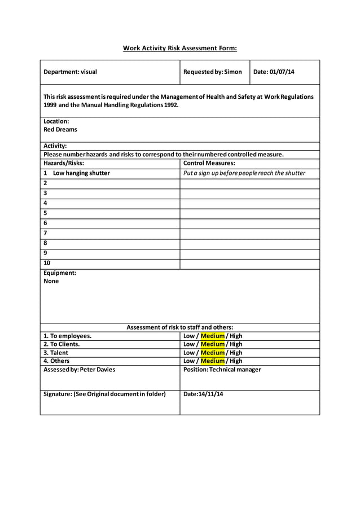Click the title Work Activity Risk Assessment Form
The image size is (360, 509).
click(179, 48)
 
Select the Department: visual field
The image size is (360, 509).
click(71, 72)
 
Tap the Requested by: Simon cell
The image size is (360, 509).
click(213, 72)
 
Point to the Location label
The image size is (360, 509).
click(56, 121)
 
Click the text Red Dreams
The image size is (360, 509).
click(60, 130)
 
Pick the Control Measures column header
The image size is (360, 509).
click(209, 163)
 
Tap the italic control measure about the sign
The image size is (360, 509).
click(244, 173)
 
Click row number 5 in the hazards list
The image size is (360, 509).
click(46, 213)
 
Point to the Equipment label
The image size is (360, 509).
click(60, 273)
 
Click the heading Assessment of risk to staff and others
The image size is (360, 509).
click(179, 327)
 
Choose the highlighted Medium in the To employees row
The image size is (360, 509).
click(212, 336)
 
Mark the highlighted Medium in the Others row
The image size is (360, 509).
click(212, 361)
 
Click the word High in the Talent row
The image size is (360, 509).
click(236, 353)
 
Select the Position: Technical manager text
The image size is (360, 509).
click(222, 370)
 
